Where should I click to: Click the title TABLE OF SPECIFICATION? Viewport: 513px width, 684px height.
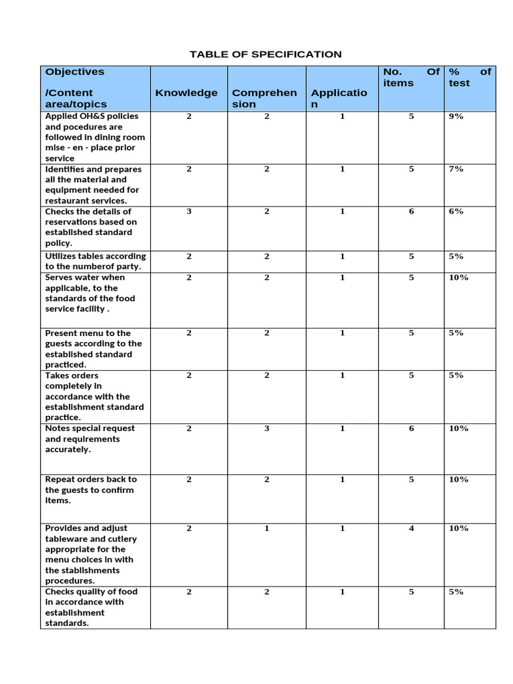pos(265,54)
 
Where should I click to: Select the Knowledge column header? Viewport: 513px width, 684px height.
pos(186,93)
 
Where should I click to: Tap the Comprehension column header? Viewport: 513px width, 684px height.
pos(265,98)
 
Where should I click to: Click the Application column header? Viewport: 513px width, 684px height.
pos(339,98)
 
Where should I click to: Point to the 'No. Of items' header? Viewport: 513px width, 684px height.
pos(411,77)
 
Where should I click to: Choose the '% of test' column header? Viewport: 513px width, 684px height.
pos(470,77)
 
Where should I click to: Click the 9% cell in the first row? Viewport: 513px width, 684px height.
pos(456,116)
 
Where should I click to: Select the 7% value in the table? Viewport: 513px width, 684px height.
pos(456,169)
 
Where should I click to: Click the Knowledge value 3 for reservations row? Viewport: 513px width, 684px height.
pos(189,211)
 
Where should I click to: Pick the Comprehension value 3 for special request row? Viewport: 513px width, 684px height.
pos(267,428)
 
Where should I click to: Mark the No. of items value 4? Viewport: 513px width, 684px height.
pos(411,528)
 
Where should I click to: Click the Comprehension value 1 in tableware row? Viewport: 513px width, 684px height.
pos(267,528)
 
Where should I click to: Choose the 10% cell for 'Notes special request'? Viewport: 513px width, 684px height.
pos(459,428)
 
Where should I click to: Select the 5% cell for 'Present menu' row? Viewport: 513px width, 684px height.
pos(456,333)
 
